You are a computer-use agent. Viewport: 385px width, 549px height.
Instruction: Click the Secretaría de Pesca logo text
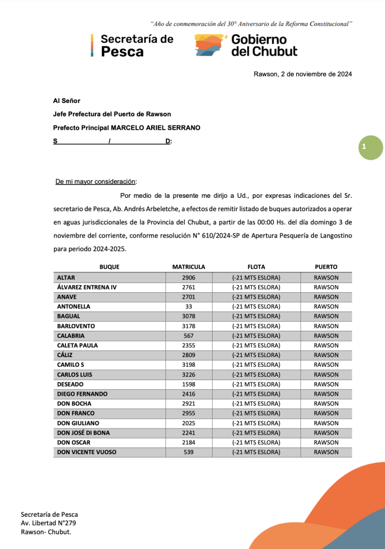pyautogui.click(x=137, y=45)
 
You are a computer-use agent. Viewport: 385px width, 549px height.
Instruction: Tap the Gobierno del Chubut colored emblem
pyautogui.click(x=210, y=45)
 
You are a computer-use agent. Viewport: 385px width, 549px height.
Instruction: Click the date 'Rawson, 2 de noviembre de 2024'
pyautogui.click(x=303, y=75)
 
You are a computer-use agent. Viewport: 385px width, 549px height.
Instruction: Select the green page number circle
pyautogui.click(x=371, y=147)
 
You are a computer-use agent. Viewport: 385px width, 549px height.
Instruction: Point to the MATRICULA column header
pyautogui.click(x=188, y=267)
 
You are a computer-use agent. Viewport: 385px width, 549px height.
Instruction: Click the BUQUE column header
pyautogui.click(x=109, y=267)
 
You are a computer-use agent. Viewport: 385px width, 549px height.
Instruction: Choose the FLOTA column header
pyautogui.click(x=256, y=267)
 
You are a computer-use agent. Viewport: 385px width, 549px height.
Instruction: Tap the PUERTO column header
pyautogui.click(x=326, y=267)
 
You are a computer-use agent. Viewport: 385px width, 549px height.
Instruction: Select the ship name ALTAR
pyautogui.click(x=66, y=277)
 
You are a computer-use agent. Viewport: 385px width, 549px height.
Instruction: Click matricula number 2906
pyautogui.click(x=188, y=277)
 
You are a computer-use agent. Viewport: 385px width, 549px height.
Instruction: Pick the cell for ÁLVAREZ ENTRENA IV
pyautogui.click(x=87, y=287)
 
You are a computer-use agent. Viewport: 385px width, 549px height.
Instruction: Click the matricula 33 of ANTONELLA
pyautogui.click(x=188, y=306)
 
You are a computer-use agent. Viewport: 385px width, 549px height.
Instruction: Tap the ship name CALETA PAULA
pyautogui.click(x=78, y=345)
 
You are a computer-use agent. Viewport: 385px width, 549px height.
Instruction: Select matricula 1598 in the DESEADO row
pyautogui.click(x=188, y=384)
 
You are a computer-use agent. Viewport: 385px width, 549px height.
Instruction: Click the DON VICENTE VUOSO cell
pyautogui.click(x=87, y=452)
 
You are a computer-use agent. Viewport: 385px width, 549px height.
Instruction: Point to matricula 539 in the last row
pyautogui.click(x=188, y=452)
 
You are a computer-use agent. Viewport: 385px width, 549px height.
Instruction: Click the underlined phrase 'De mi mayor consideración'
pyautogui.click(x=96, y=182)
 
